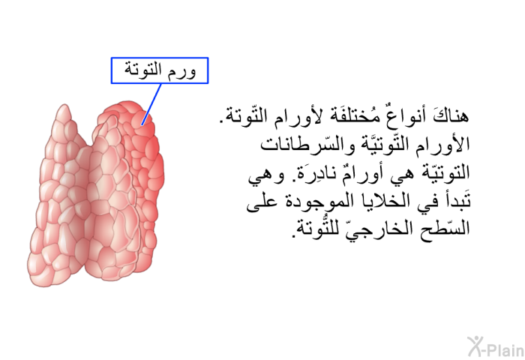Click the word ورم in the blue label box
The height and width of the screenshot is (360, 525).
[x=181, y=70]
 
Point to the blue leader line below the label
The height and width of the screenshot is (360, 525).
[x=151, y=104]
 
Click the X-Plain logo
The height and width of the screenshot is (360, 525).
[x=496, y=346]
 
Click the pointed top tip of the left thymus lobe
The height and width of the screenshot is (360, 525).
[x=64, y=105]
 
